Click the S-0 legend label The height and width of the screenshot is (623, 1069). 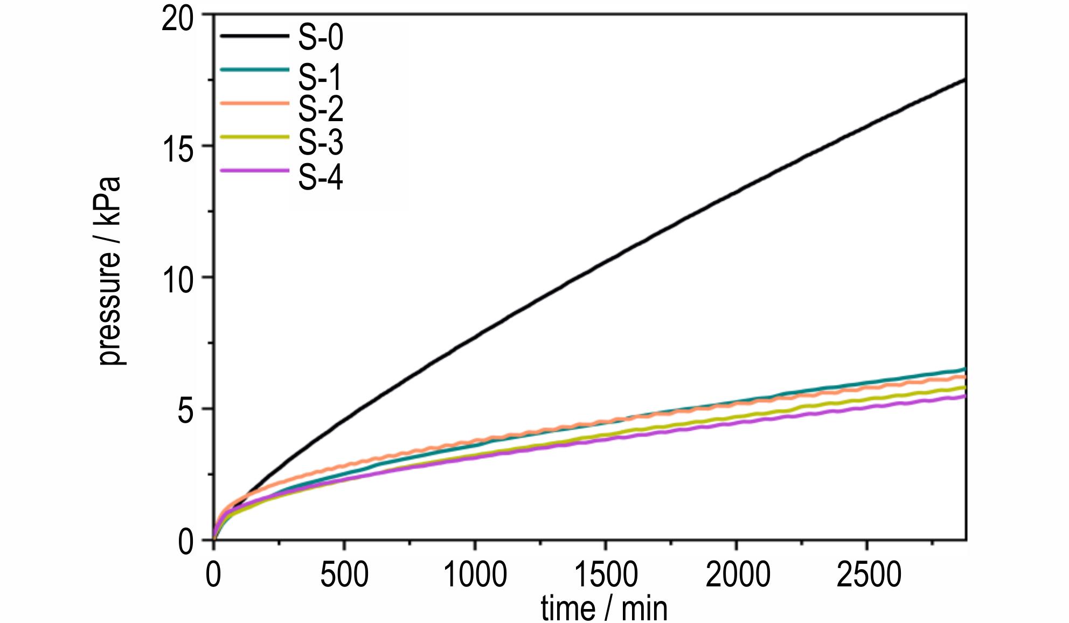point(321,38)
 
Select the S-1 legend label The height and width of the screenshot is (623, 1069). point(321,77)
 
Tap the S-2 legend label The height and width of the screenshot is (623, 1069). point(321,109)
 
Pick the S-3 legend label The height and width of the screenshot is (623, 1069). point(321,142)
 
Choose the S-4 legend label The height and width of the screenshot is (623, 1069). point(321,177)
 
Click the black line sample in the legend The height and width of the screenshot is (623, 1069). point(254,36)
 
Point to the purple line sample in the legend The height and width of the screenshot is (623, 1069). point(254,171)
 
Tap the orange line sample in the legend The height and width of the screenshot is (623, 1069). point(254,103)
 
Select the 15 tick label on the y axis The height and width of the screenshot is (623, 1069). point(178,149)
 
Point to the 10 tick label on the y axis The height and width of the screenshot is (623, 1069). point(178,281)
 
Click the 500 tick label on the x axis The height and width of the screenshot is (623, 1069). point(344,575)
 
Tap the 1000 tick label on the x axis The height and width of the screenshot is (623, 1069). point(475,575)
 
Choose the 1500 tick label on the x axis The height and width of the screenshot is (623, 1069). point(606,575)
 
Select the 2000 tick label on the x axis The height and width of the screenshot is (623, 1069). point(738,575)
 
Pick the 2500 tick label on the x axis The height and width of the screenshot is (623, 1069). point(869,575)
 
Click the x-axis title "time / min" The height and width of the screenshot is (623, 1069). point(604,608)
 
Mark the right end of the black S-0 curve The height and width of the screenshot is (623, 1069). point(964,80)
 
